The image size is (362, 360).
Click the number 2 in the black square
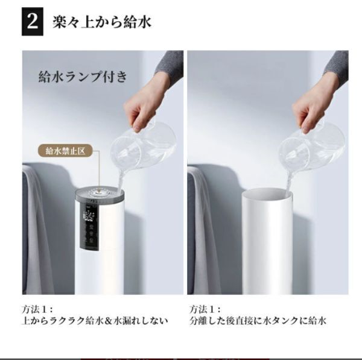click(x=33, y=22)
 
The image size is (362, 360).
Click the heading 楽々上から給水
click(x=102, y=22)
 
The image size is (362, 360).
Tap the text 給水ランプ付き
click(x=83, y=77)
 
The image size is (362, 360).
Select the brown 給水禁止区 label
click(x=65, y=151)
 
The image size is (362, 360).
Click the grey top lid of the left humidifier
click(x=100, y=194)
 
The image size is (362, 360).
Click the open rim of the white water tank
click(x=267, y=194)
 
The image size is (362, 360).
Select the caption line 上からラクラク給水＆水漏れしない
click(x=95, y=321)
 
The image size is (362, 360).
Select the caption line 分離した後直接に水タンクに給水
click(x=258, y=321)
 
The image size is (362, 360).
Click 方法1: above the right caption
click(x=205, y=309)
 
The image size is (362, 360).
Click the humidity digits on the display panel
click(x=87, y=217)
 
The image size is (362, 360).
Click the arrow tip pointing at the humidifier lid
click(x=100, y=192)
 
